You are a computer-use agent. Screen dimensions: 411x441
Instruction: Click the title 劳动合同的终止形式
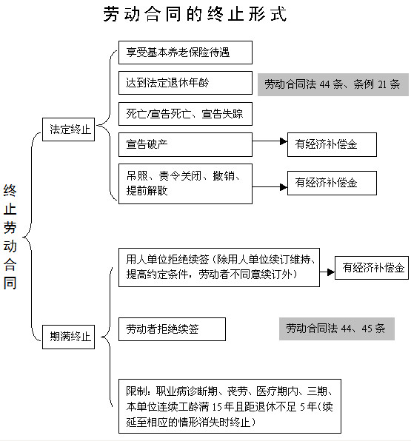(195, 14)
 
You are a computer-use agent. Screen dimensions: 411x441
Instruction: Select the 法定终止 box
(68, 129)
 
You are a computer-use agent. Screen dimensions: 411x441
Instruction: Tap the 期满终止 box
(68, 337)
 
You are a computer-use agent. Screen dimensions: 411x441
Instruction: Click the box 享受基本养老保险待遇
(185, 53)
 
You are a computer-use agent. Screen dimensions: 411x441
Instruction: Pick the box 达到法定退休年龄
(185, 83)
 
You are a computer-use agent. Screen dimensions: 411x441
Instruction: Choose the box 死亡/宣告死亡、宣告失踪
(185, 114)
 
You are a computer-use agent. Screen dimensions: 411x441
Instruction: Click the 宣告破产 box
(185, 144)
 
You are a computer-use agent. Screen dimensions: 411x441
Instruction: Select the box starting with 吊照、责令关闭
(185, 184)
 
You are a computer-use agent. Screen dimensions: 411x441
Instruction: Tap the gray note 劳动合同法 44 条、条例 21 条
(333, 84)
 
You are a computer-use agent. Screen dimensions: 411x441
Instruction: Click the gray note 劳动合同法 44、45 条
(337, 329)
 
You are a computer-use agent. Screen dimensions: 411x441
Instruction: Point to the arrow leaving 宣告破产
(270, 141)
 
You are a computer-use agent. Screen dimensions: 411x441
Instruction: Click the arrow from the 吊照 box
(270, 187)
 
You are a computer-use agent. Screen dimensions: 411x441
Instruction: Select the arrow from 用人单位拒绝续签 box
(327, 272)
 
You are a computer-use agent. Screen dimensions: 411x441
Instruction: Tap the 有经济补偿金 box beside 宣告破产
(332, 144)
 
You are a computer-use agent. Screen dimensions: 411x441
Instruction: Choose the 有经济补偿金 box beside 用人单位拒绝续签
(372, 268)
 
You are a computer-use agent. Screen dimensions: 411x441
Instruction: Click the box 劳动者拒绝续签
(172, 329)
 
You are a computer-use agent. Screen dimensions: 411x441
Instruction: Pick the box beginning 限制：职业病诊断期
(230, 406)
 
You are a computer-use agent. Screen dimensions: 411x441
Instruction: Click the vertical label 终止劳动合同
(10, 237)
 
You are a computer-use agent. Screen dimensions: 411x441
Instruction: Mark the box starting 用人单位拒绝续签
(219, 267)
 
